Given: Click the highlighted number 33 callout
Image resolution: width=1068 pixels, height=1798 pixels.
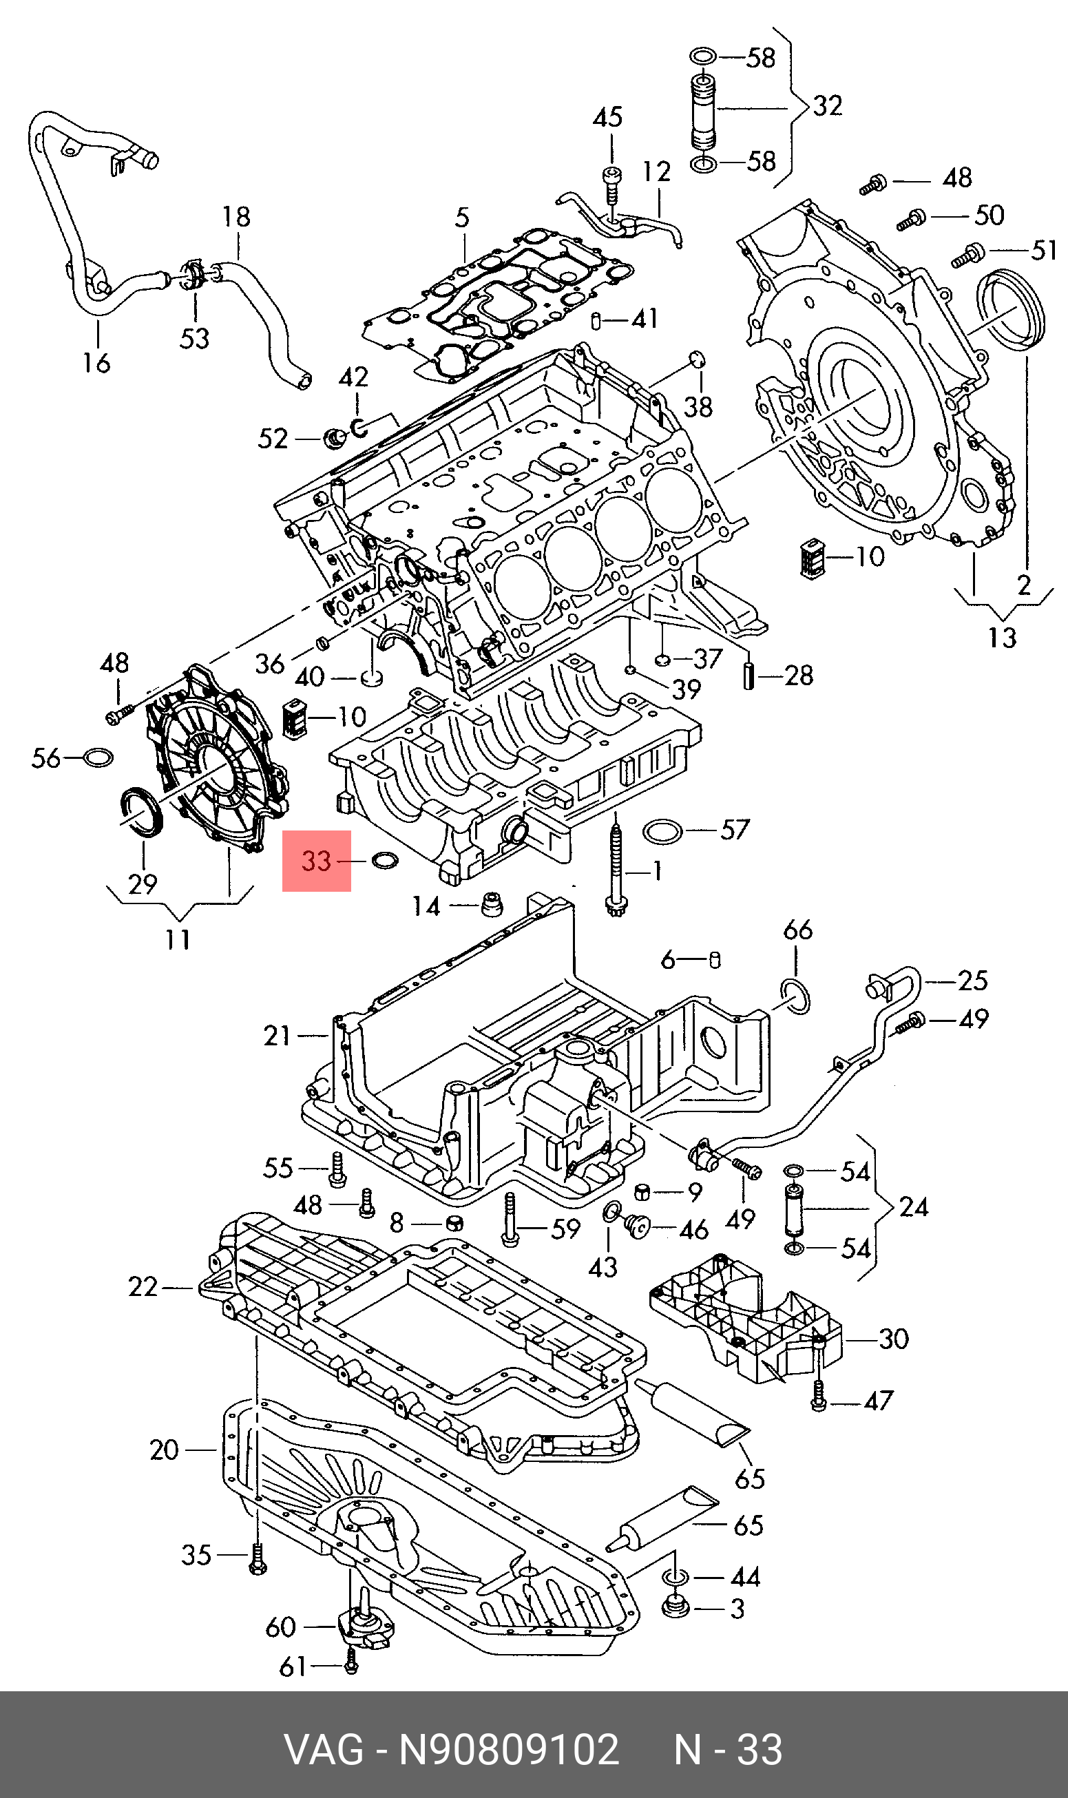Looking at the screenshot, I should (x=316, y=861).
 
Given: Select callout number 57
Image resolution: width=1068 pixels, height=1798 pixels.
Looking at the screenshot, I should (x=734, y=830).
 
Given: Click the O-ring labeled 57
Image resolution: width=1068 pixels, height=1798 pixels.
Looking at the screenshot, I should (x=662, y=832).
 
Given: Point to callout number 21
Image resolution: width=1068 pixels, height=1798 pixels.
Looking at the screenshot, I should (x=277, y=1036).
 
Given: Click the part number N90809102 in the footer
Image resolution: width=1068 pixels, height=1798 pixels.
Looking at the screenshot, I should (x=509, y=1750).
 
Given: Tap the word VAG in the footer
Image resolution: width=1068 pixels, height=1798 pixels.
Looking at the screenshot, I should (x=324, y=1750).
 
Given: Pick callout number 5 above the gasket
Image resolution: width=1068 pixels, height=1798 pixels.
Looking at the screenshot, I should (x=462, y=218).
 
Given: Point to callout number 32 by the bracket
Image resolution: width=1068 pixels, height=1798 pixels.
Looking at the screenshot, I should (x=827, y=106).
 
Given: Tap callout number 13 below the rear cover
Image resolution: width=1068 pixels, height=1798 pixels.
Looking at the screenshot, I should (x=1003, y=637).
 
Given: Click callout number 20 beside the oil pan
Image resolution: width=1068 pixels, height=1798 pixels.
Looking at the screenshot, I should (x=164, y=1450).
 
